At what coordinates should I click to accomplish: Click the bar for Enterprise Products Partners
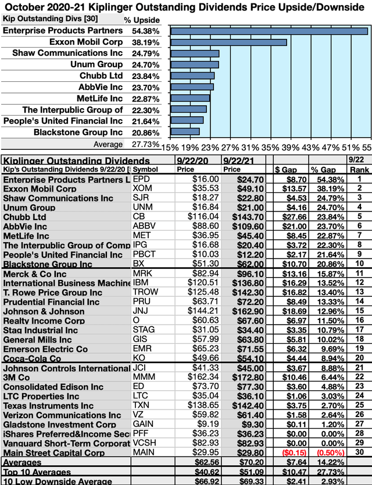pos(268,31)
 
